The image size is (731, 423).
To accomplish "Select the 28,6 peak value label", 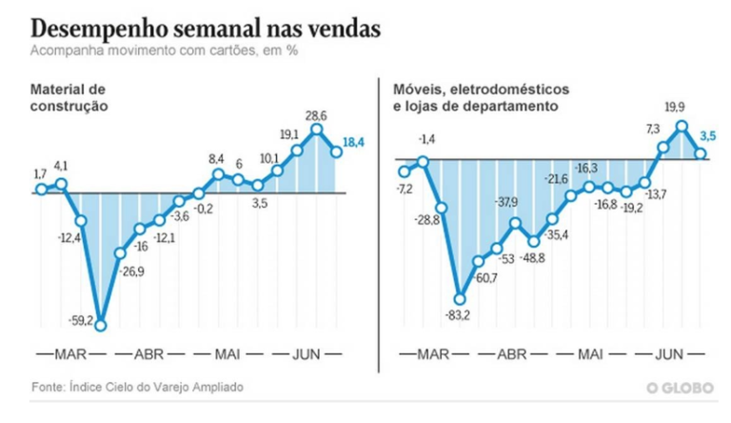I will coord(316,112).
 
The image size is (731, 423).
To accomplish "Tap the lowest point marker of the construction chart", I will coord(100,324).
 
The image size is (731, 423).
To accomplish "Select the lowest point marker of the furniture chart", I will coord(460,298).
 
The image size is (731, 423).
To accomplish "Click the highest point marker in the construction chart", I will coord(317,130).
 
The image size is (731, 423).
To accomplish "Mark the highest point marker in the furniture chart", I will coord(682,125).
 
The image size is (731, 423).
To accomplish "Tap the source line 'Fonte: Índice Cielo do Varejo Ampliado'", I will coord(136,387).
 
